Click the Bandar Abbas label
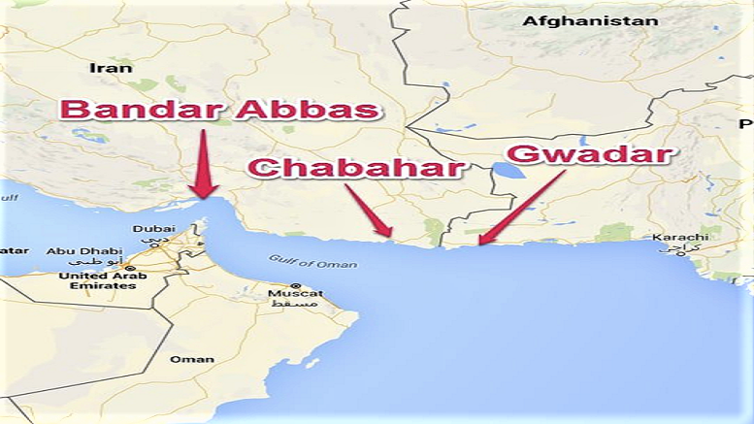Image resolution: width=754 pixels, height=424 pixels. tap(220, 109)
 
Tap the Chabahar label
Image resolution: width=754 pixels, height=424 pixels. tap(355, 166)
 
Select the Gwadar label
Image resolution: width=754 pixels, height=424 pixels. tap(590, 153)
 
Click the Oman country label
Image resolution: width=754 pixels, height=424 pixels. tap(192, 359)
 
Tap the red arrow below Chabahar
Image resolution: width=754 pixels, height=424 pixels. tap(370, 212)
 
